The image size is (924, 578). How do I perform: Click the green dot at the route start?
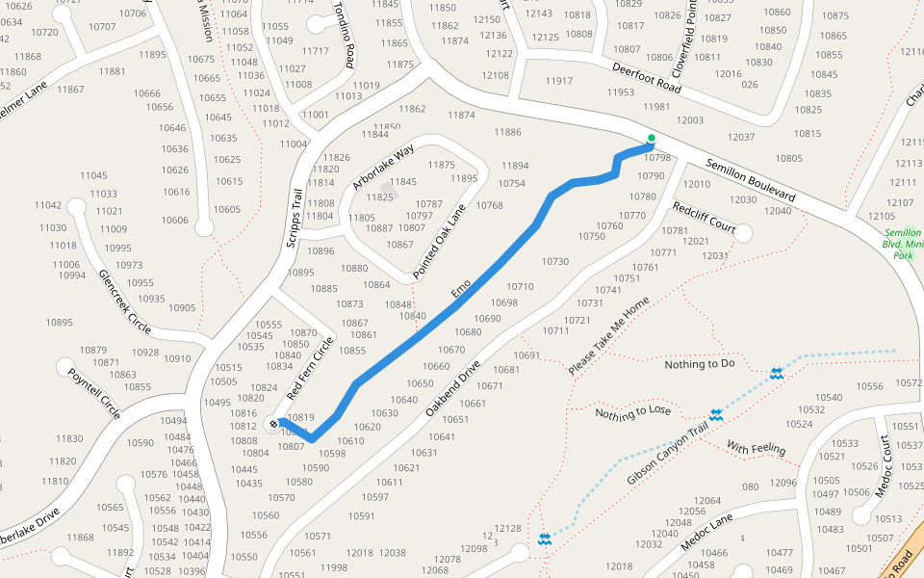pyautogui.click(x=652, y=138)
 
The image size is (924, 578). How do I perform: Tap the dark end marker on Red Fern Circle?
pyautogui.click(x=274, y=423)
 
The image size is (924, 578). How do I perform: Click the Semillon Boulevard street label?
pyautogui.click(x=751, y=180)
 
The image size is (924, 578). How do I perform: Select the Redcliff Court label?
pyautogui.click(x=704, y=220)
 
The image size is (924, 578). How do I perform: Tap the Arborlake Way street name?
pyautogui.click(x=382, y=166)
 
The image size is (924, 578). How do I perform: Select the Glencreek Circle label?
pyautogui.click(x=132, y=301)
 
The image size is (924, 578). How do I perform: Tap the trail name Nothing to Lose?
pyautogui.click(x=632, y=412)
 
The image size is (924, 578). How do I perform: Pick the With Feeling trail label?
pyautogui.click(x=756, y=449)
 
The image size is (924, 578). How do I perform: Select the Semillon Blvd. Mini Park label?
pyautogui.click(x=903, y=245)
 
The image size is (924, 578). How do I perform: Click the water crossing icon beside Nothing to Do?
pyautogui.click(x=776, y=373)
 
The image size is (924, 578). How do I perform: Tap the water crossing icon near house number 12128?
pyautogui.click(x=545, y=539)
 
